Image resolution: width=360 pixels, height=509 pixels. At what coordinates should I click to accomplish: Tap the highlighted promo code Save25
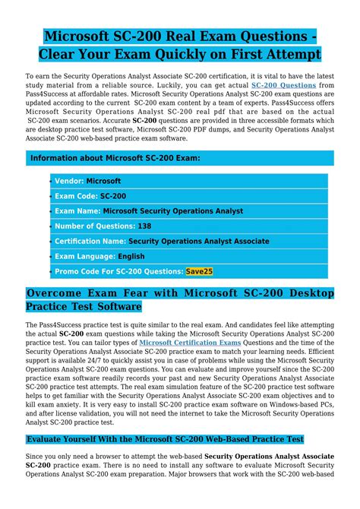tap(200, 270)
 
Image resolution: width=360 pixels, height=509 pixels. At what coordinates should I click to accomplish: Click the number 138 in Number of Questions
tap(144, 226)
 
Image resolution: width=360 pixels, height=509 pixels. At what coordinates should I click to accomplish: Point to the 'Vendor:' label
tap(69, 181)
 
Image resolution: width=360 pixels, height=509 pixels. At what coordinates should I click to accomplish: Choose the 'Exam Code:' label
tap(76, 196)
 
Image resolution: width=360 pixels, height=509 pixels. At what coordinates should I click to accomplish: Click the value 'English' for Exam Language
tap(131, 256)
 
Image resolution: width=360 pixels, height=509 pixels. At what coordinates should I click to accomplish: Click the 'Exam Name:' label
tap(77, 211)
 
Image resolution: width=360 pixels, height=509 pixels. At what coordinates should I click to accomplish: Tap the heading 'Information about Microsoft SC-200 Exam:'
tap(115, 158)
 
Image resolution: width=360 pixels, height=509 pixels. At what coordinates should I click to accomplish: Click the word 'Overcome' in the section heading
tap(56, 294)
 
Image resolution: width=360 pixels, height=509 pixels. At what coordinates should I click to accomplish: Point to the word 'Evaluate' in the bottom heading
tap(50, 439)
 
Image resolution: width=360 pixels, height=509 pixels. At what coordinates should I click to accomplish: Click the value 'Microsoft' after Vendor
tap(103, 181)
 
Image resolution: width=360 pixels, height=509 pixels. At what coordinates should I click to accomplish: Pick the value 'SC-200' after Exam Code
tap(113, 196)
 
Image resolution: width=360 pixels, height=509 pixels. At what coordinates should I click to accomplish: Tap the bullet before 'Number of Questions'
tap(51, 226)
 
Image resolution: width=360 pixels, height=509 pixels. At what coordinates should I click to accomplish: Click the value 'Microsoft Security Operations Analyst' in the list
tap(172, 211)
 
